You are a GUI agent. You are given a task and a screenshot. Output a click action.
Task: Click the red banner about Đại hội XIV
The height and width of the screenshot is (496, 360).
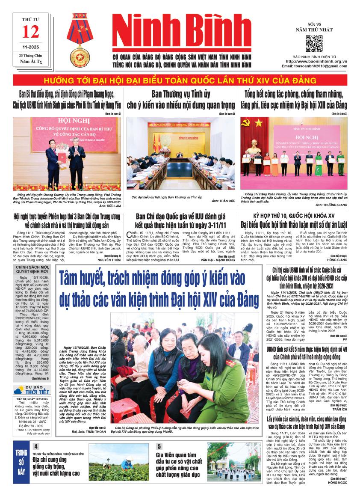[180, 81]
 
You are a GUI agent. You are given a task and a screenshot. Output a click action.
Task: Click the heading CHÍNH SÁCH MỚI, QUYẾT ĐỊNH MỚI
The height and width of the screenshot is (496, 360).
[32, 268]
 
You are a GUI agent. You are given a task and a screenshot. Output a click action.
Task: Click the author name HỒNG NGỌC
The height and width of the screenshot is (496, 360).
[337, 482]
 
